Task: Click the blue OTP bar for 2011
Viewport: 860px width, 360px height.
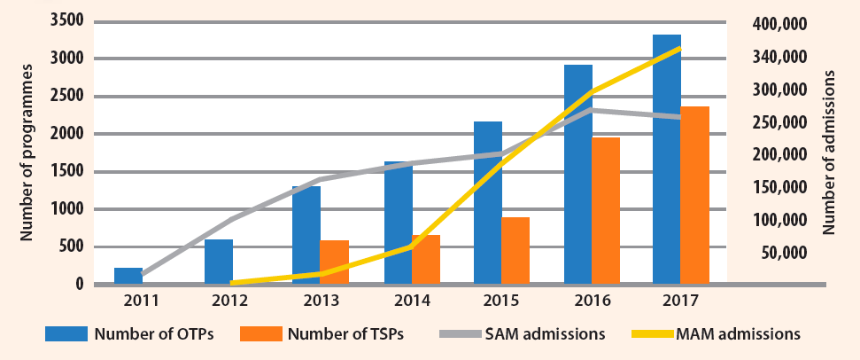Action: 128,276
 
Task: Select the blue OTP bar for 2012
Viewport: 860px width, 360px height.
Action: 219,262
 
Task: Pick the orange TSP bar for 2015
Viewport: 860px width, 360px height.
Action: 515,251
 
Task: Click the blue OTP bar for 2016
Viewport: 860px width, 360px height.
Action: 577,175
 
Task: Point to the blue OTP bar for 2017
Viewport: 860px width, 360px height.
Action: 667,160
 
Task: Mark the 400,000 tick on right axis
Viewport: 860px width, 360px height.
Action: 776,25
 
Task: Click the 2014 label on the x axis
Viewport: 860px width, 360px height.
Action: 412,301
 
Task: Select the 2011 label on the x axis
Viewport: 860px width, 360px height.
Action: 142,301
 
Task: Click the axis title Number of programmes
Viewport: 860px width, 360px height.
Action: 27,152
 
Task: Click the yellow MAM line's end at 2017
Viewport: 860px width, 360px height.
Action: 680,48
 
